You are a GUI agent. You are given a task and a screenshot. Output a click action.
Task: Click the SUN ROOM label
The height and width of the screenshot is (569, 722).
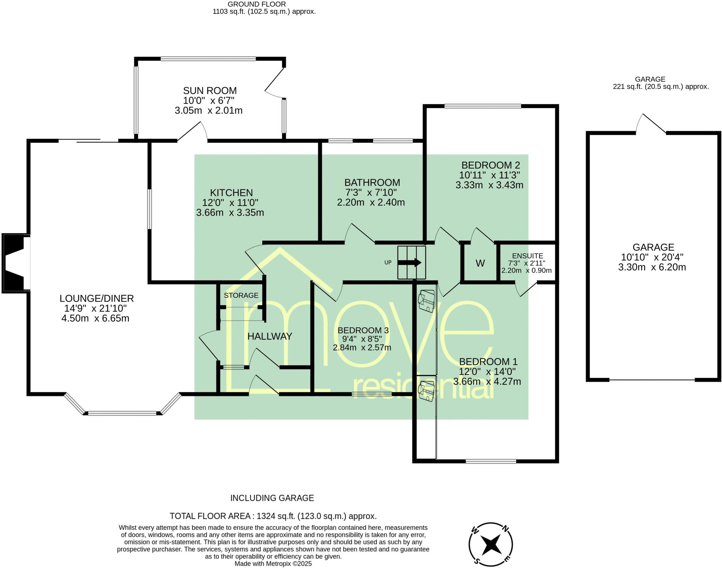(x=210, y=91)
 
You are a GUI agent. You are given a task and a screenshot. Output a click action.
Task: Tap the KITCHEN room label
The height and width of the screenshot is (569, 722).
(x=231, y=193)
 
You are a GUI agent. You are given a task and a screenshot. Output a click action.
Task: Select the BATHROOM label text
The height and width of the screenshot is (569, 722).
(x=372, y=182)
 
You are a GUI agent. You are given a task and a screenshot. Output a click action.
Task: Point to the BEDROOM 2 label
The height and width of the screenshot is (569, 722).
(x=491, y=165)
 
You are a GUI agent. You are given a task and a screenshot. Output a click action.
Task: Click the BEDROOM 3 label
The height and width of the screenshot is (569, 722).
(x=363, y=330)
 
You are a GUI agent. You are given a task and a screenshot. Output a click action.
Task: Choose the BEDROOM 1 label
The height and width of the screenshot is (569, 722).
(x=488, y=362)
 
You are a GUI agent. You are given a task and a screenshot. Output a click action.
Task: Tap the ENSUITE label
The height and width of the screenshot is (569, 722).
(x=527, y=256)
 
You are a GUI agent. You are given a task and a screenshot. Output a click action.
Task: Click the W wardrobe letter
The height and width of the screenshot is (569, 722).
(x=480, y=263)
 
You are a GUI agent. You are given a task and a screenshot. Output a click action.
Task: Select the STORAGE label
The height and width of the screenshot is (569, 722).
(x=241, y=295)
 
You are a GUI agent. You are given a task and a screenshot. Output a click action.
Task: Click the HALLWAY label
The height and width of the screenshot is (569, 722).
(x=270, y=336)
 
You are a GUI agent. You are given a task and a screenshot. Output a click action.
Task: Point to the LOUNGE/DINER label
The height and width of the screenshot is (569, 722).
(x=97, y=298)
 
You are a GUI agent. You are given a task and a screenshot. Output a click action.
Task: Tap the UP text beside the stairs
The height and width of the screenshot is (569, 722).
(x=388, y=262)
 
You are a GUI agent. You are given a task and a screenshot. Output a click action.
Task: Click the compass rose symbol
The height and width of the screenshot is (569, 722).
(x=491, y=545)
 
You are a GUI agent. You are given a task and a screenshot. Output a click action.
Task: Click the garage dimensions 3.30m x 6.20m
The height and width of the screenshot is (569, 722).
(x=652, y=267)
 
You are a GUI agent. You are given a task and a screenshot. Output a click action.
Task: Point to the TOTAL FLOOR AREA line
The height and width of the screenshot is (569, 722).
(x=273, y=516)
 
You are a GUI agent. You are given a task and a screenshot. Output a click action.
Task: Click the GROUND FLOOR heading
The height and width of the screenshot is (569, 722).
(x=257, y=4)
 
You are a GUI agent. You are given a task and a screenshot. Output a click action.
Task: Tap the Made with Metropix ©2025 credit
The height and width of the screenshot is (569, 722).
(x=273, y=564)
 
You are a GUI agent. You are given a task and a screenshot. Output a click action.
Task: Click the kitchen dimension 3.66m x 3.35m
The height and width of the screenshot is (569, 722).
(x=230, y=213)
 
